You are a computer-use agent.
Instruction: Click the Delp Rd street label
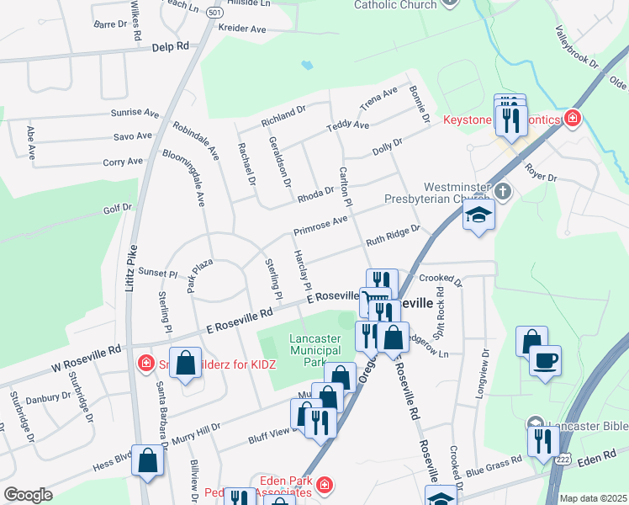click(x=172, y=48)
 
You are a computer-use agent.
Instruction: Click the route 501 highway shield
click(x=214, y=13)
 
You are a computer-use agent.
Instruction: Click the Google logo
click(x=28, y=495)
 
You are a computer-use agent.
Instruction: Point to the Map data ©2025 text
click(x=592, y=498)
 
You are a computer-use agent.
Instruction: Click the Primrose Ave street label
click(x=320, y=226)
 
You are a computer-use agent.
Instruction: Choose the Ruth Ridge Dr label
click(x=392, y=236)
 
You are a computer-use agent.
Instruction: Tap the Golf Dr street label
click(x=118, y=207)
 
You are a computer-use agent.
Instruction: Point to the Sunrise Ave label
click(x=135, y=112)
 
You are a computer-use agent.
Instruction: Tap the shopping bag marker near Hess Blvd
click(x=148, y=460)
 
